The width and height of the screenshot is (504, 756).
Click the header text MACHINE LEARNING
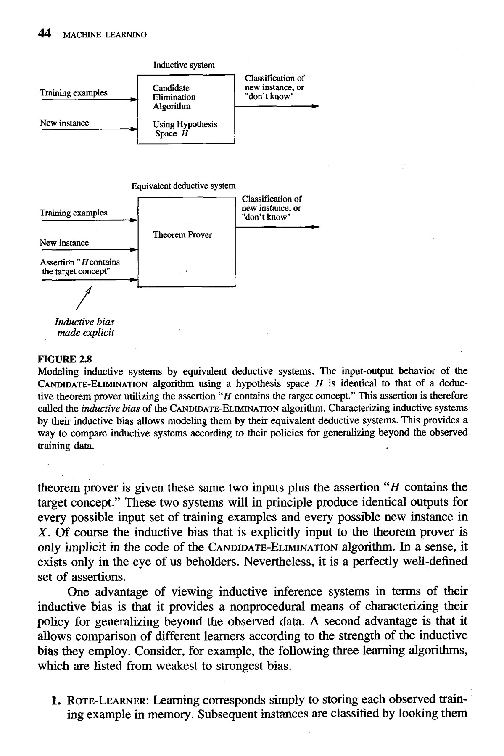104,35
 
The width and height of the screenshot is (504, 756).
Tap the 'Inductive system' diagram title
184,65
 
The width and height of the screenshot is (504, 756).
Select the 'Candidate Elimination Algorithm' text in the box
174,97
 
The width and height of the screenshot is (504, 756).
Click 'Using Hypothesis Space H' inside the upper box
185,129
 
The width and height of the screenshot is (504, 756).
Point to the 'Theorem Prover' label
182,235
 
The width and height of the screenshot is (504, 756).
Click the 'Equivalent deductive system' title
183,186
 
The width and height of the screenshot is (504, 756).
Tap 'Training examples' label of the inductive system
74,92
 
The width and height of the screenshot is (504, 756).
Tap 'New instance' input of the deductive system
64,243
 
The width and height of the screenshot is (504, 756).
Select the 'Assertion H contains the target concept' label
79,267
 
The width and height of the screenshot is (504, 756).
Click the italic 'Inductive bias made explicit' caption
84,327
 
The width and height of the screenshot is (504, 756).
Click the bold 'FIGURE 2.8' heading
64,360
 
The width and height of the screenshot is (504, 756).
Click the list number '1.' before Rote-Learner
56,701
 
